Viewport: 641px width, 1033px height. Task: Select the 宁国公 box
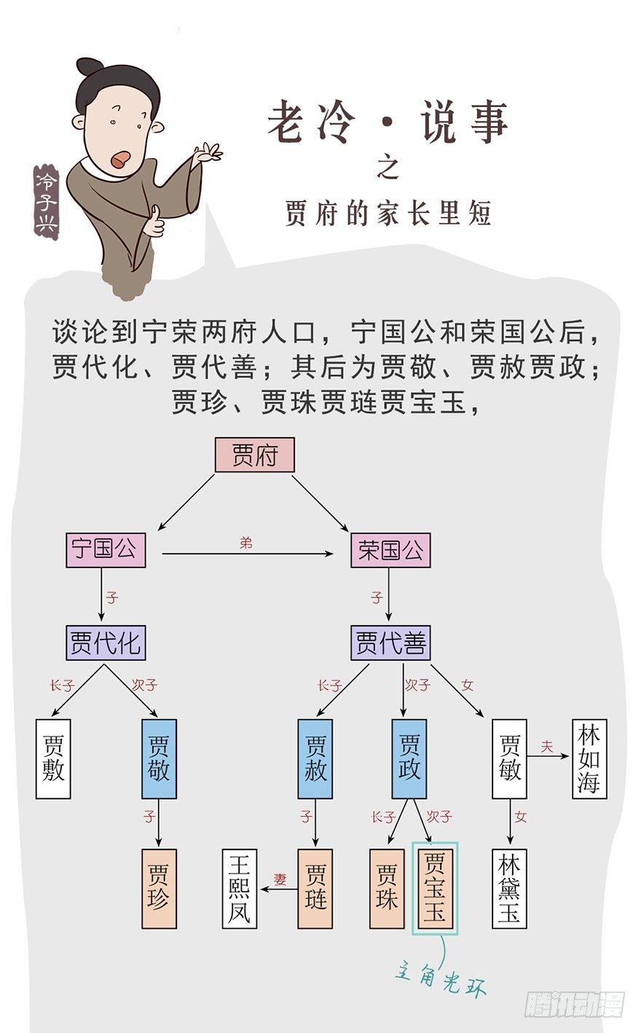pos(106,550)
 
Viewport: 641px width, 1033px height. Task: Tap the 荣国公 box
pos(390,550)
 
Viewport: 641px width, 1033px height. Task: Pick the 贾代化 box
pos(106,643)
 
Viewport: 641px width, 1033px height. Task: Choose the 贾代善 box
pos(390,643)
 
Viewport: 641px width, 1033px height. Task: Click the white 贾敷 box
pos(53,758)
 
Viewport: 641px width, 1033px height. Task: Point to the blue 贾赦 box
pos(315,758)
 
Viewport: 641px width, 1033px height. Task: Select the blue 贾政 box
pos(409,758)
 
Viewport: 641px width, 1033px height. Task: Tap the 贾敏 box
pos(509,758)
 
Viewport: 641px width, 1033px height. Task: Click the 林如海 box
pos(589,758)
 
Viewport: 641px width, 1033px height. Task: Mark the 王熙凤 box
pos(240,888)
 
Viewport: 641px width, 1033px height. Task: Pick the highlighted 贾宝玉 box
pos(435,888)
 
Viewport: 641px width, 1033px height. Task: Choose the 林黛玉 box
pos(509,888)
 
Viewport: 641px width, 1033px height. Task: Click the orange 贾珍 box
pos(159,888)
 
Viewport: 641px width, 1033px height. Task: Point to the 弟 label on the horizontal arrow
pos(246,543)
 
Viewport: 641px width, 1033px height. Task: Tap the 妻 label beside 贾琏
pos(280,879)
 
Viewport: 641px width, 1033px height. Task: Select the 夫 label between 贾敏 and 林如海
pos(547,747)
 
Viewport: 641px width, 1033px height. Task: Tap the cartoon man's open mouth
pos(121,157)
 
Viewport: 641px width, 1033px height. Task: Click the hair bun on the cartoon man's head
pos(90,67)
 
